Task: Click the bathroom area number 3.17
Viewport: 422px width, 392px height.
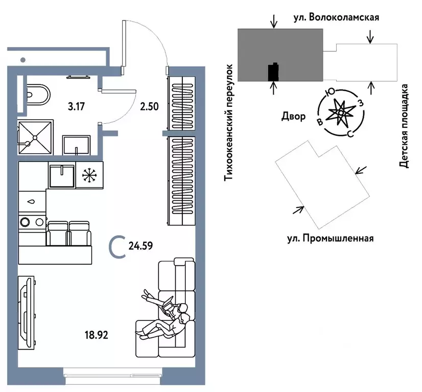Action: [77, 107]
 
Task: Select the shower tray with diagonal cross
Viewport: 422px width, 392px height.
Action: [35, 137]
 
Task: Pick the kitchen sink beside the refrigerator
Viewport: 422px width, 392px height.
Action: [62, 175]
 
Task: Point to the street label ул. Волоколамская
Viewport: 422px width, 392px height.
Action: [336, 18]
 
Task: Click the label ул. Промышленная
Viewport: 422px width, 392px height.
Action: [330, 238]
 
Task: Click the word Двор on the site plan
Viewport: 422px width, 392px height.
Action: [293, 117]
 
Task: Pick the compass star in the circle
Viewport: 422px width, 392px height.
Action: [340, 112]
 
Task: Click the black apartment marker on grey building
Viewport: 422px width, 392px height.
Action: [274, 72]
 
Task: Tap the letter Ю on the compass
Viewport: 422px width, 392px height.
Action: [331, 91]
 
